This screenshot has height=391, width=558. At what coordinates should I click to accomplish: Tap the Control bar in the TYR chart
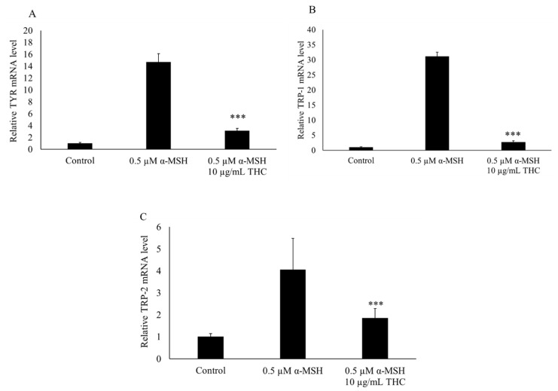[x=80, y=146]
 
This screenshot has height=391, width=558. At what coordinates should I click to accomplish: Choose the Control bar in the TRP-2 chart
[x=211, y=347]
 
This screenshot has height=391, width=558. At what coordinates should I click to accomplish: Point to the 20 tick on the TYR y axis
[x=28, y=30]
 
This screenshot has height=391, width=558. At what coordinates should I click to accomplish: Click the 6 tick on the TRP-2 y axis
[x=159, y=227]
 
